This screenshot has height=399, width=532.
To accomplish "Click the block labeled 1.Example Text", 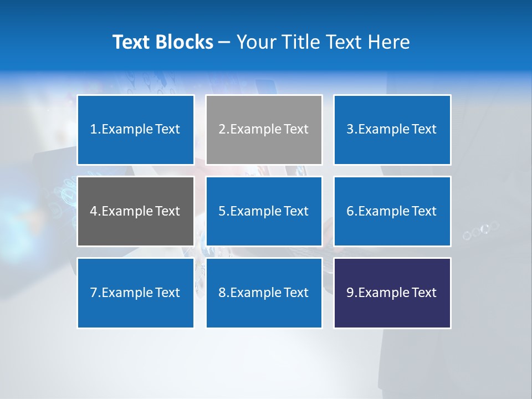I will (136, 130).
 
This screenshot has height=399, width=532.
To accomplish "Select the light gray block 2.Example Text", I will (264, 130).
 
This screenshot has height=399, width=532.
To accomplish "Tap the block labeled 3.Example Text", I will (392, 130).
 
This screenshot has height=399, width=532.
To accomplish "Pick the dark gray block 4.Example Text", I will (136, 211).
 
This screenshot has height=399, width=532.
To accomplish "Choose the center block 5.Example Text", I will (264, 211).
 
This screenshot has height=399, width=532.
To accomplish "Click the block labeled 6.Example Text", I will (392, 211).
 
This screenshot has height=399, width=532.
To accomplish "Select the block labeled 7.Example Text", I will (136, 293).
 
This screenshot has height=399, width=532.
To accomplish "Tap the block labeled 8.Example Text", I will (264, 293).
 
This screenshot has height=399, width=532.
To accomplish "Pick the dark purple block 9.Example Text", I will (392, 293).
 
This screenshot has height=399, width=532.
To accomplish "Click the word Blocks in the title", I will (186, 42).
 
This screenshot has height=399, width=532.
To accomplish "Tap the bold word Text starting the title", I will (134, 42).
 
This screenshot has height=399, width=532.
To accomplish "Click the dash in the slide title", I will (224, 42).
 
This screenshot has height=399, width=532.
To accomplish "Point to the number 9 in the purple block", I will (350, 293).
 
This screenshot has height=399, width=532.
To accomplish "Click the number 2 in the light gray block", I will (222, 130).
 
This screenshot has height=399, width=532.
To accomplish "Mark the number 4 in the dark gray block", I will (94, 211).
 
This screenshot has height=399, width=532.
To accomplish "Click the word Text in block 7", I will (168, 293).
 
